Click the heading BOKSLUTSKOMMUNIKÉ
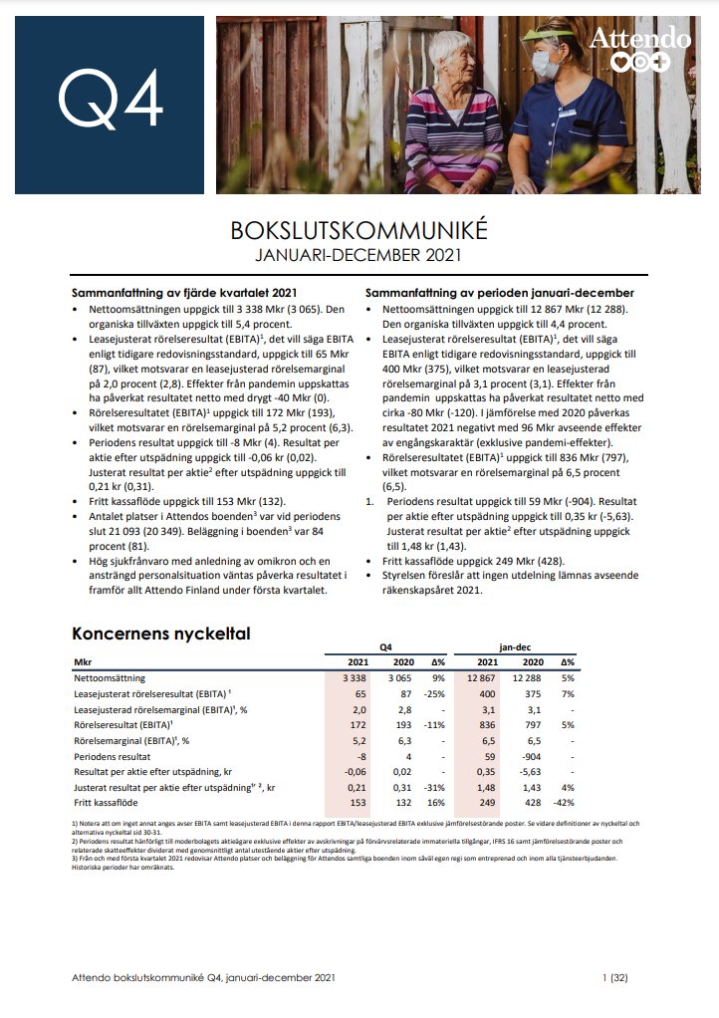pyautogui.click(x=359, y=230)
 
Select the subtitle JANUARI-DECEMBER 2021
pyautogui.click(x=359, y=255)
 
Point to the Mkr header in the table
pyautogui.click(x=84, y=661)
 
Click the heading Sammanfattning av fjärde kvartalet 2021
pyautogui.click(x=185, y=293)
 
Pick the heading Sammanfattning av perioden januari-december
pyautogui.click(x=499, y=293)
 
